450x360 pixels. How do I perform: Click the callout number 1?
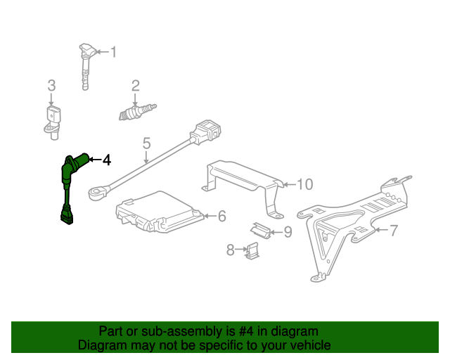point(113,51)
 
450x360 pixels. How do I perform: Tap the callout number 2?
point(51,86)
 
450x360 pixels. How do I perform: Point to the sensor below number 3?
point(51,120)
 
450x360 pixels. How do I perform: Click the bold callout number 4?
point(106,160)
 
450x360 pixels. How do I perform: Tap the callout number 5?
point(146,143)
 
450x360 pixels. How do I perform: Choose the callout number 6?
point(221,216)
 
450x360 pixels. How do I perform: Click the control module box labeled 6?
point(158,212)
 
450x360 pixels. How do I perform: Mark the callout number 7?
point(394,229)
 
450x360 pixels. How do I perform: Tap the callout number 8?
point(230,249)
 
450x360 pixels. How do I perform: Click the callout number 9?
point(287,231)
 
